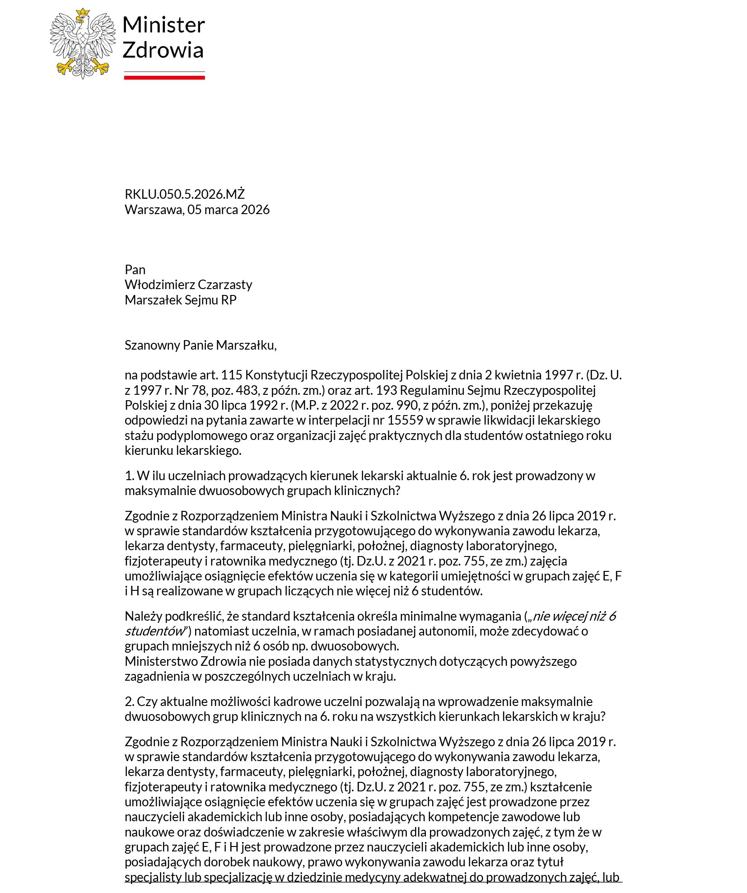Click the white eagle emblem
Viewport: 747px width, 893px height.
83,43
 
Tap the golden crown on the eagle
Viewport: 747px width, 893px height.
83,14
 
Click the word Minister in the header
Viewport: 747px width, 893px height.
163,25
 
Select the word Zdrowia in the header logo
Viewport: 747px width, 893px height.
163,50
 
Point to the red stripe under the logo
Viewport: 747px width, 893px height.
164,78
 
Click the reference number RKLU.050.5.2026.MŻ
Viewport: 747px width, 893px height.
184,194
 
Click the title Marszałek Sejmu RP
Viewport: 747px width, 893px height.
181,300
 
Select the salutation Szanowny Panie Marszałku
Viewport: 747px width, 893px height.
200,345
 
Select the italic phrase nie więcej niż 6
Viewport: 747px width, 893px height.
574,616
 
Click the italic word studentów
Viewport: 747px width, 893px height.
155,631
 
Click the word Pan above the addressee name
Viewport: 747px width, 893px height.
135,270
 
